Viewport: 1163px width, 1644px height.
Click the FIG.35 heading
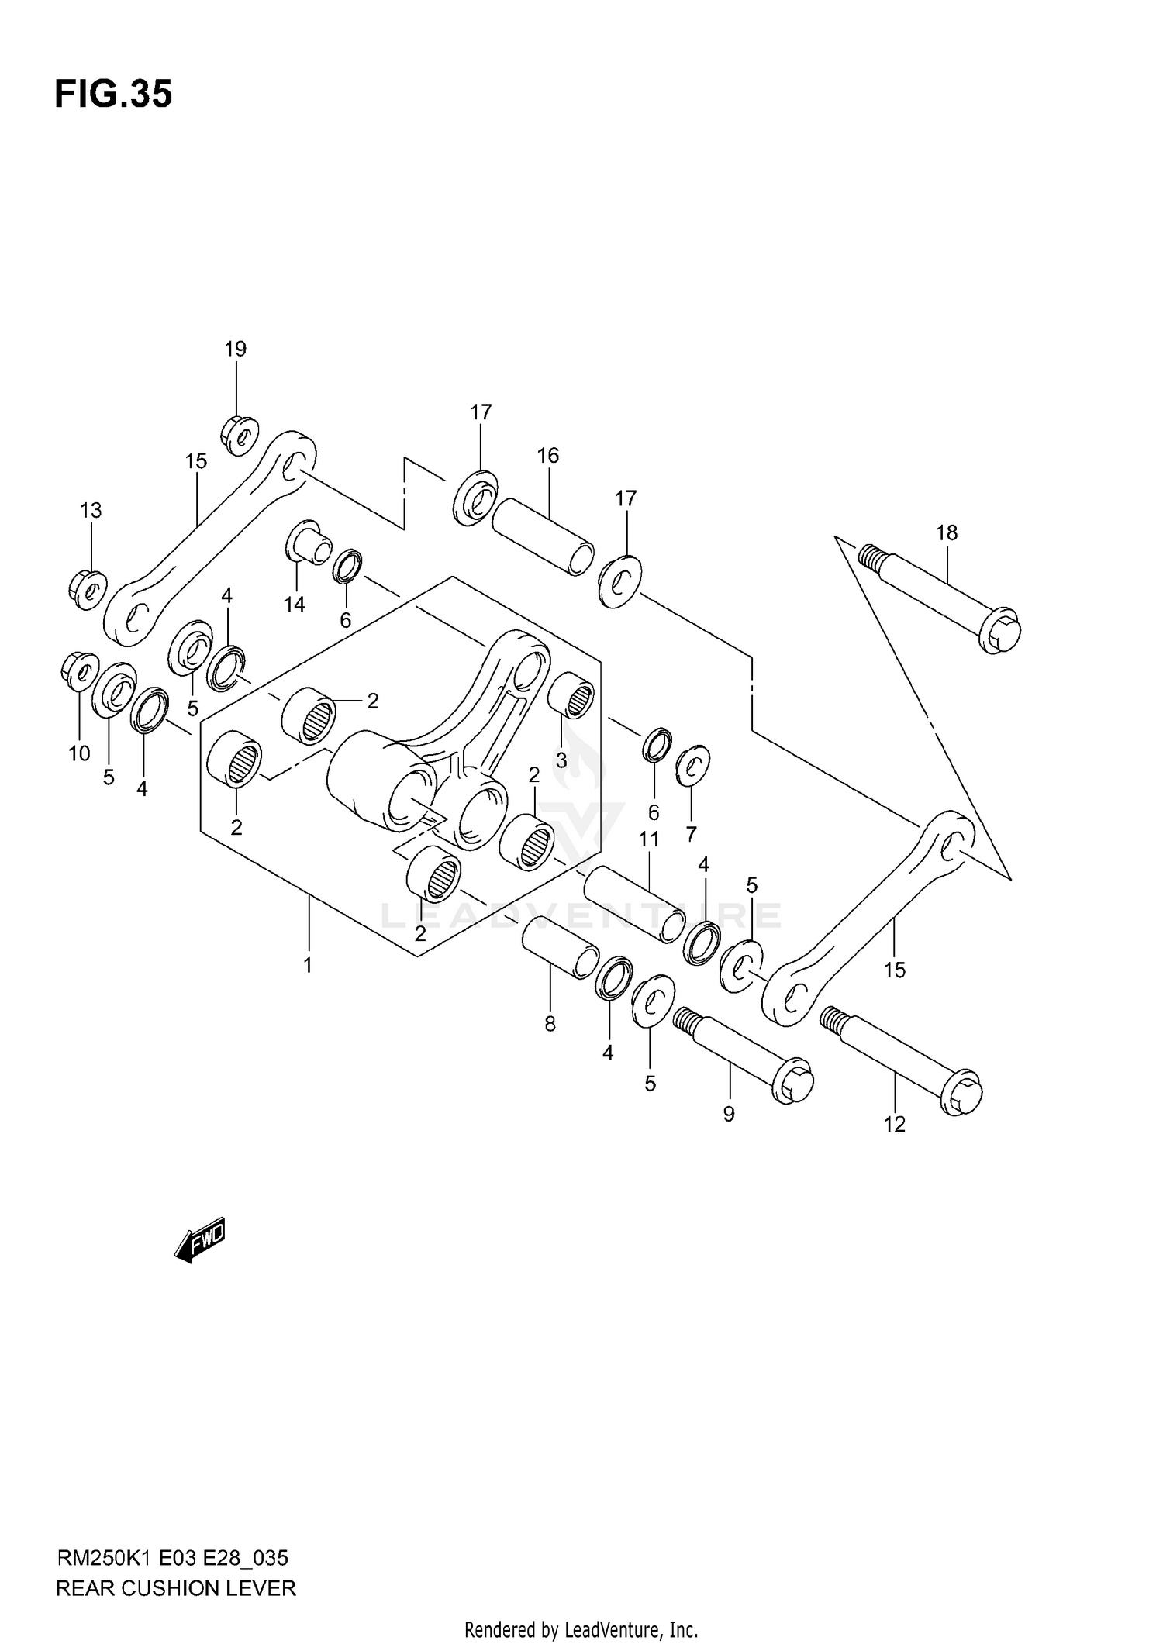pos(113,95)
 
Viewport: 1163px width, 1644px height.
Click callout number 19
pos(236,350)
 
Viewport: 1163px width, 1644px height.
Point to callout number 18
pos(946,533)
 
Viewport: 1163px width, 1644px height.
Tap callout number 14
pos(294,605)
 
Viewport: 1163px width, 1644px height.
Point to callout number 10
pos(79,753)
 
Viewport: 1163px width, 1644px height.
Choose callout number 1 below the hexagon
pos(308,966)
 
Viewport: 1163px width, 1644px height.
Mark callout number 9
pos(728,1115)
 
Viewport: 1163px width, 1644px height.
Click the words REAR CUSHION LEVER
pos(176,1588)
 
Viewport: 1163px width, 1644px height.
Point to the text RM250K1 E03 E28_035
pos(172,1557)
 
